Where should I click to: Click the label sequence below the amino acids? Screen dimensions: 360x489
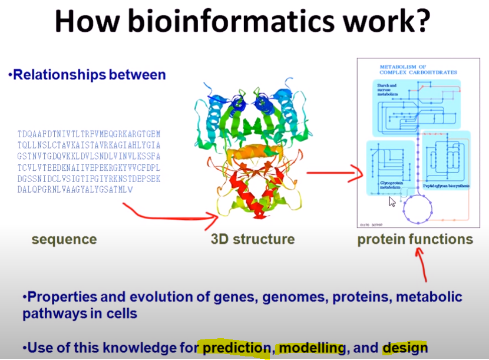[x=64, y=239]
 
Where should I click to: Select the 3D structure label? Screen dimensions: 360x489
[x=253, y=239]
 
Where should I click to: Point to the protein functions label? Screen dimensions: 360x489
[x=415, y=239]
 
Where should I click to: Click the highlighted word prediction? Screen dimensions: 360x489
[x=236, y=348]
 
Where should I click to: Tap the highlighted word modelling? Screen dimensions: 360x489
[x=312, y=348]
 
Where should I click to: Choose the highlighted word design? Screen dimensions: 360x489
[x=405, y=348]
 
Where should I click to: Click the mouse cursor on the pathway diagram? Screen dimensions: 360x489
[x=392, y=202]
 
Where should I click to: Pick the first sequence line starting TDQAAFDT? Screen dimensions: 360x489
[x=89, y=134]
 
